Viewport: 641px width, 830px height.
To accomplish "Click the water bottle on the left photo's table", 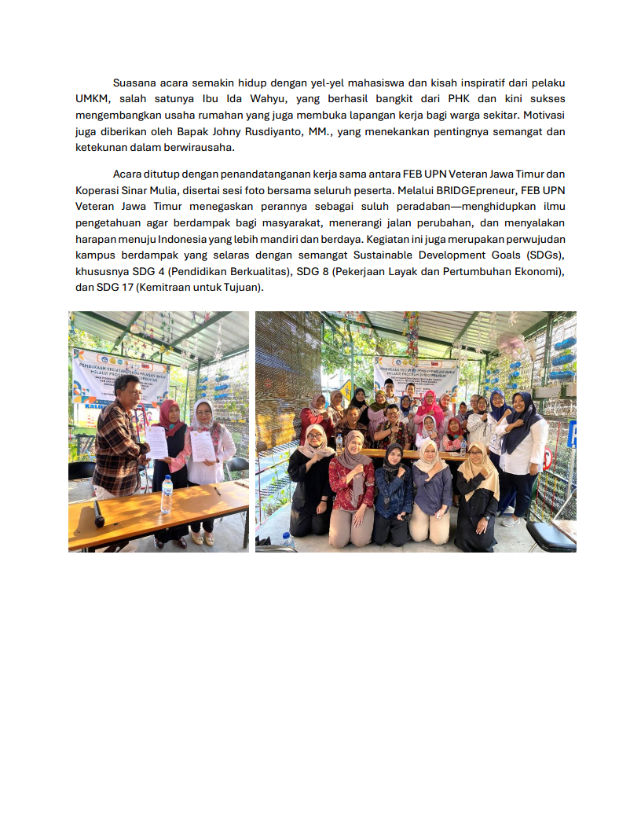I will tap(167, 494).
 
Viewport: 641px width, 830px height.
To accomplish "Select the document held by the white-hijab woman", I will tap(202, 445).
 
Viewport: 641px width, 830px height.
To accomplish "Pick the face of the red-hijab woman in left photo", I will tap(170, 412).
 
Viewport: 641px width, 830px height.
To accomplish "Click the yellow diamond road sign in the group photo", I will tap(346, 389).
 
